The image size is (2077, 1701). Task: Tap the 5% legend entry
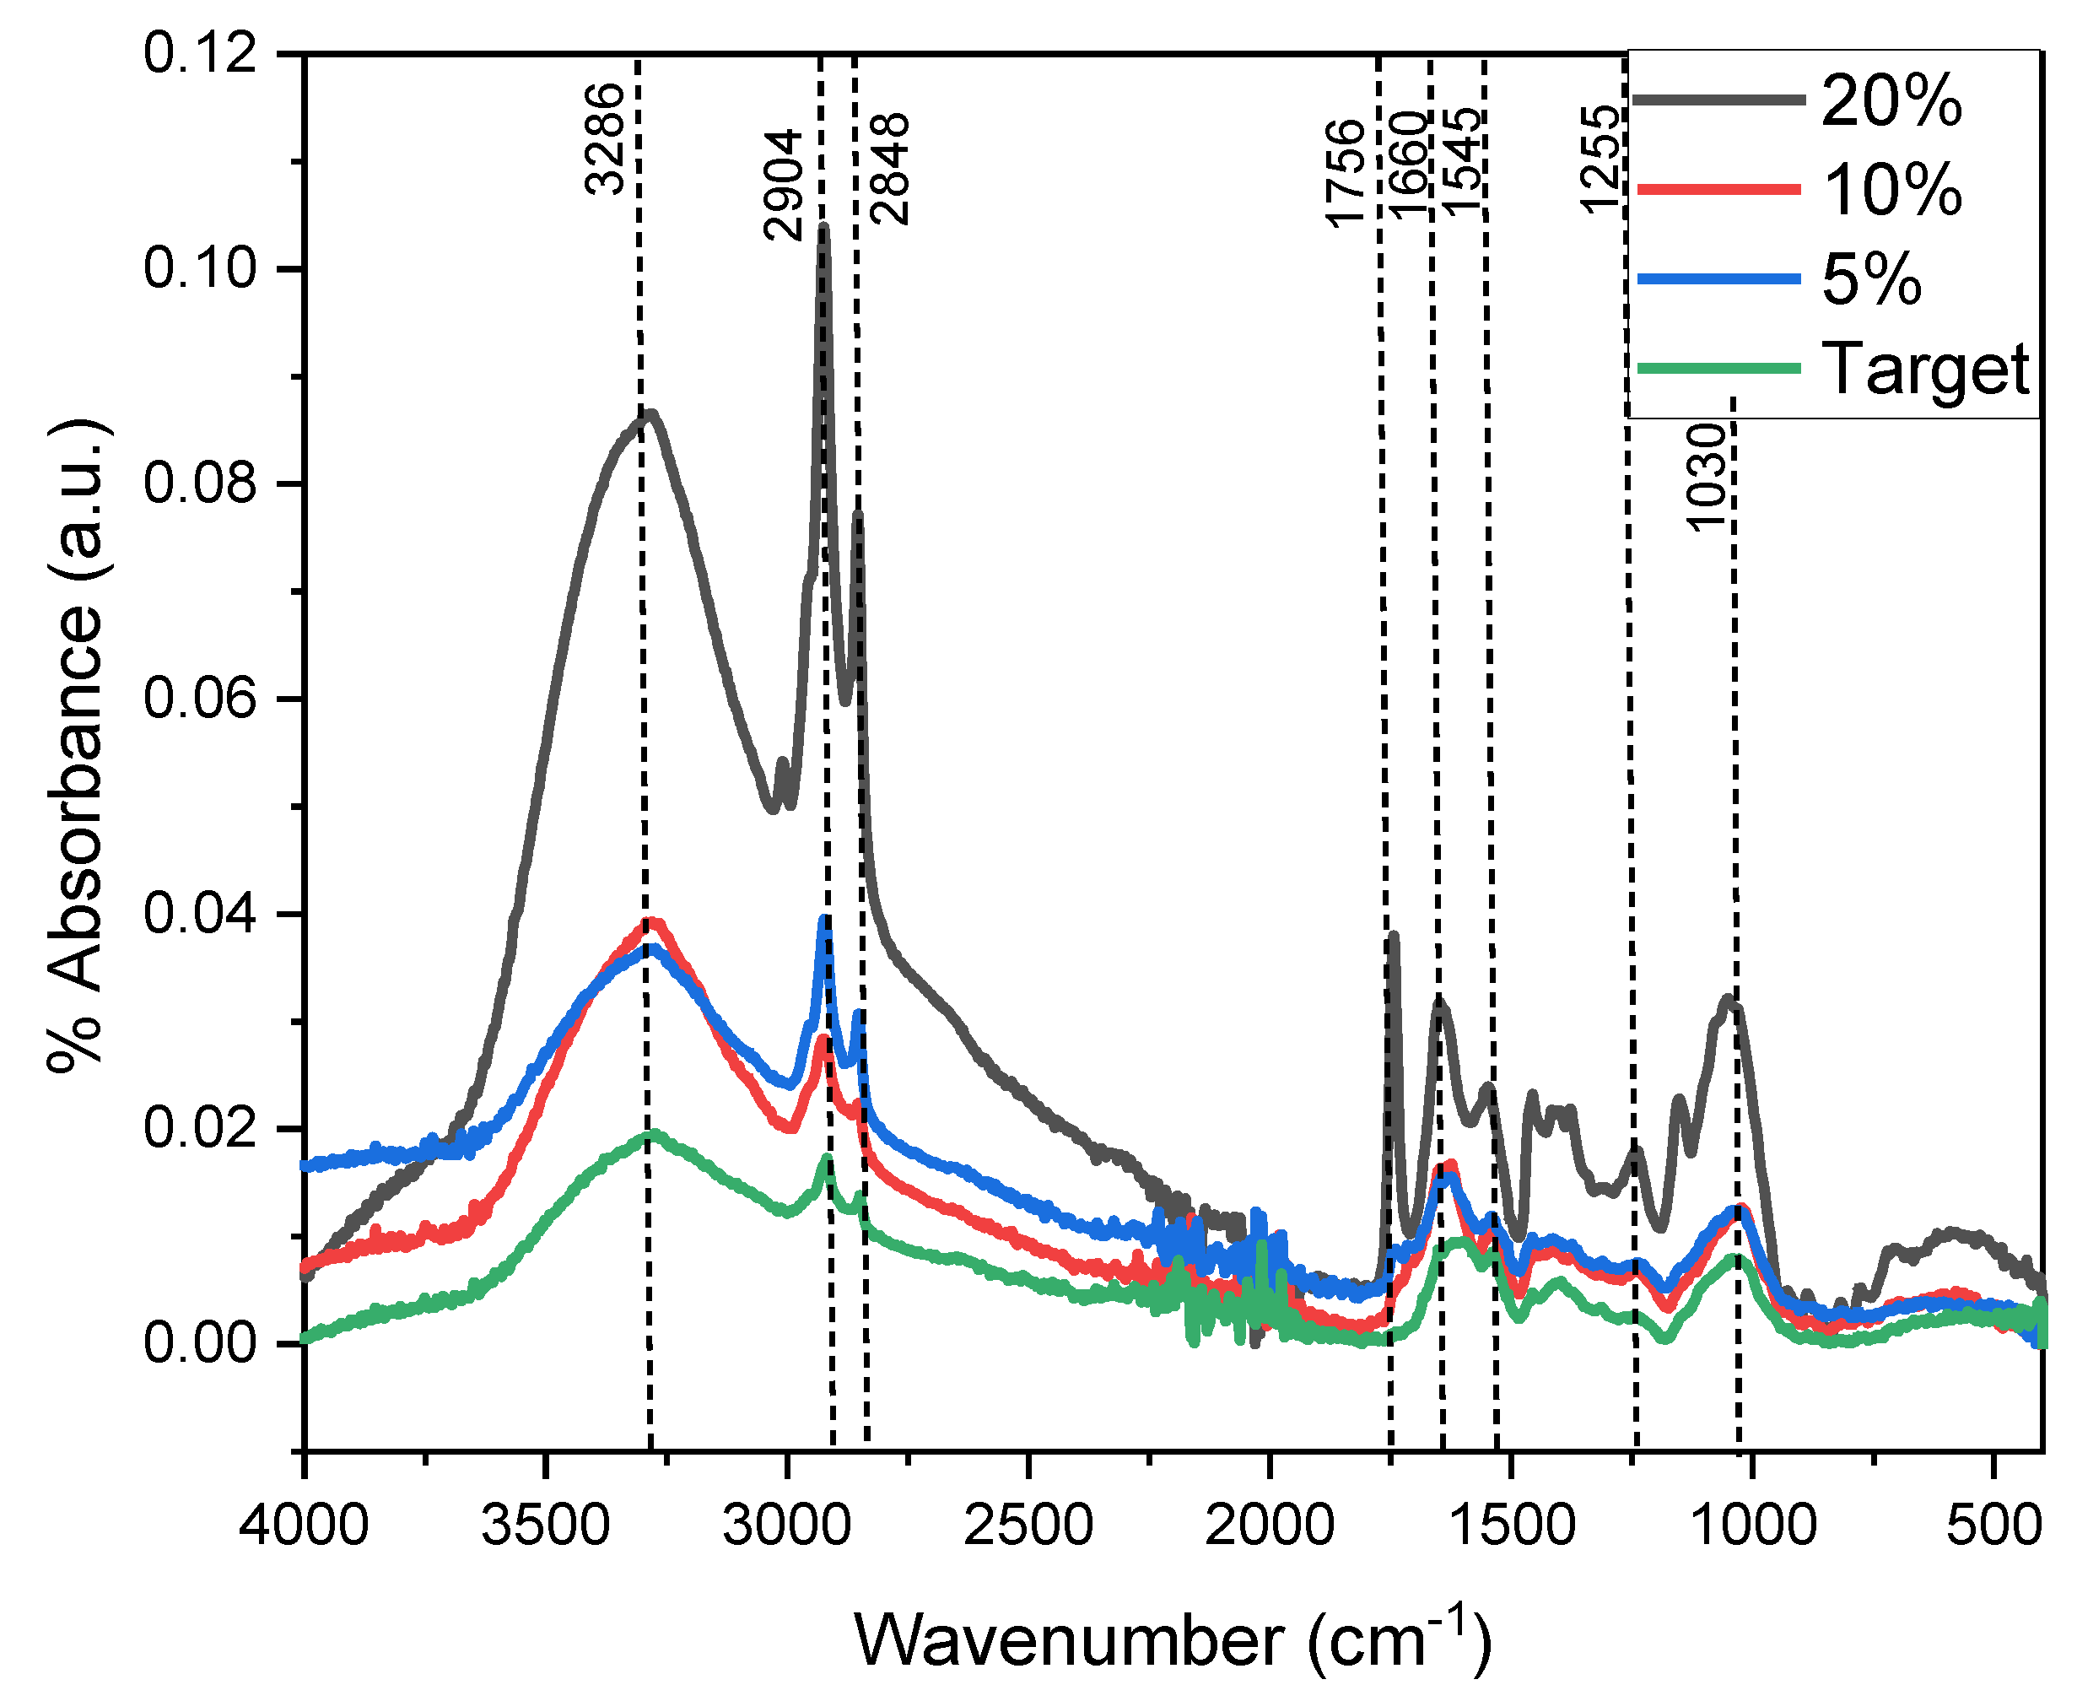(1870, 279)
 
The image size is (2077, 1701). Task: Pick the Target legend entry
(1925, 370)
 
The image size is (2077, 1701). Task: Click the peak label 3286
(605, 139)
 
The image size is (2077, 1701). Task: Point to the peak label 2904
(784, 185)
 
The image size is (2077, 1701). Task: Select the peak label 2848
(892, 170)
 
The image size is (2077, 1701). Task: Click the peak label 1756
(1345, 174)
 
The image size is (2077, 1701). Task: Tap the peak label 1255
(1599, 159)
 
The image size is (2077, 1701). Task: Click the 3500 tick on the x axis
(546, 1526)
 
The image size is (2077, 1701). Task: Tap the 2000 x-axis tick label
(1270, 1526)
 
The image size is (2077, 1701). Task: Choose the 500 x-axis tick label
(1993, 1526)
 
